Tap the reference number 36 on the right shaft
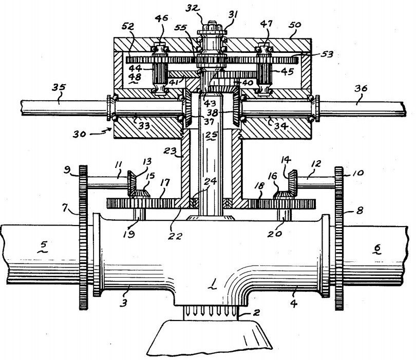(361, 89)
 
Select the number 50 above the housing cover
(295, 25)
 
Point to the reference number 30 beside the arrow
(80, 134)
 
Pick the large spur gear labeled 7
(83, 237)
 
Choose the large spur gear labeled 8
(339, 238)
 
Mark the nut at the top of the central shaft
(212, 27)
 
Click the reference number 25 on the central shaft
(211, 135)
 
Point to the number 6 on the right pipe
(377, 248)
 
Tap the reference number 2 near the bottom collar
(256, 313)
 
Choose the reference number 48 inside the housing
(135, 77)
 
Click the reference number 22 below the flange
(176, 236)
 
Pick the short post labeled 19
(139, 214)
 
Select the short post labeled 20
(284, 214)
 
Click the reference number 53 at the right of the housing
(327, 54)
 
